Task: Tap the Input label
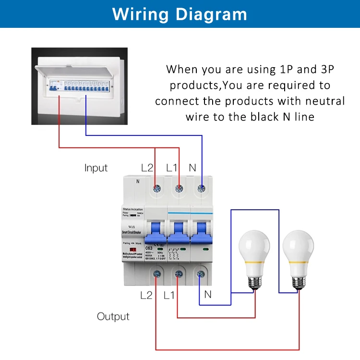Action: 96,168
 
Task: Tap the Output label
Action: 113,316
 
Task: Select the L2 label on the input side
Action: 147,168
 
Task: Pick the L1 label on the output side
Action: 169,295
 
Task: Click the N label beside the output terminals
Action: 207,295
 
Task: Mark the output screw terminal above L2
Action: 156,274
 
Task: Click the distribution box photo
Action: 80,86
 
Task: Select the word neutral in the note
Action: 324,101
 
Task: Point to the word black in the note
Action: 262,117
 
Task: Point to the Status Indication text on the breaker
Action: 133,210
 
